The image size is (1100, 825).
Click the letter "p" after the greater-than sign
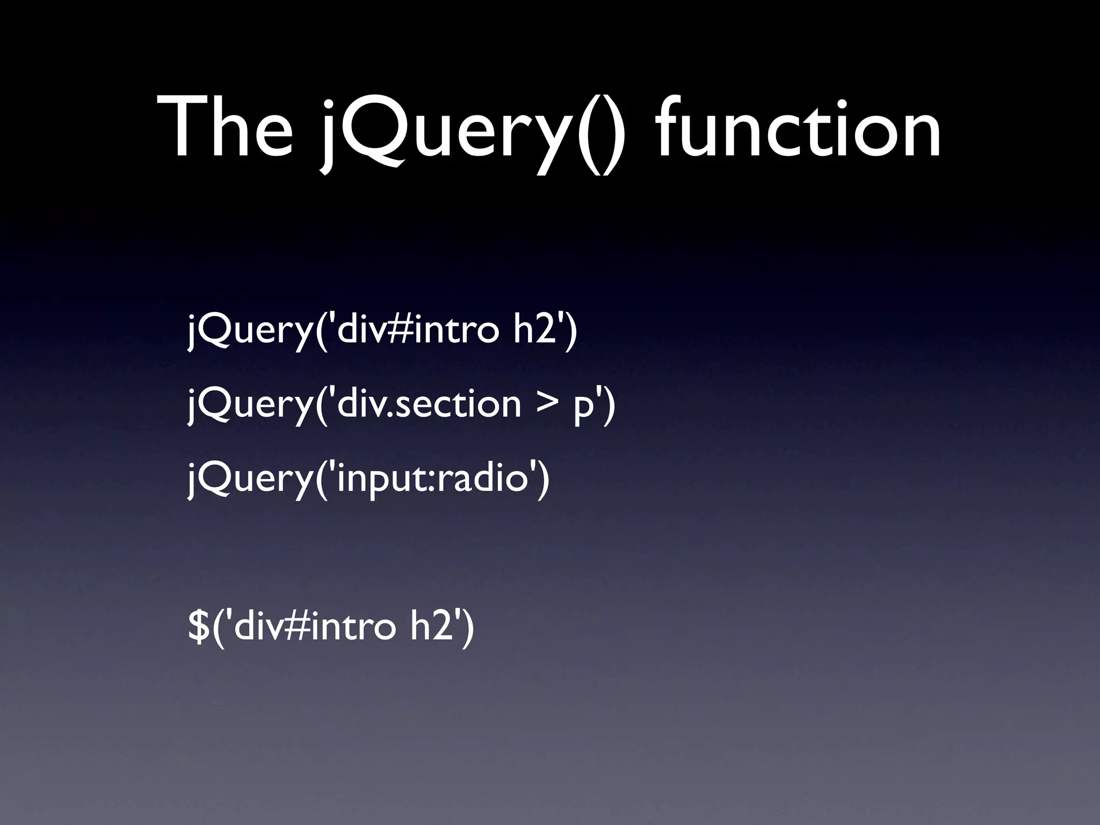(x=583, y=408)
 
